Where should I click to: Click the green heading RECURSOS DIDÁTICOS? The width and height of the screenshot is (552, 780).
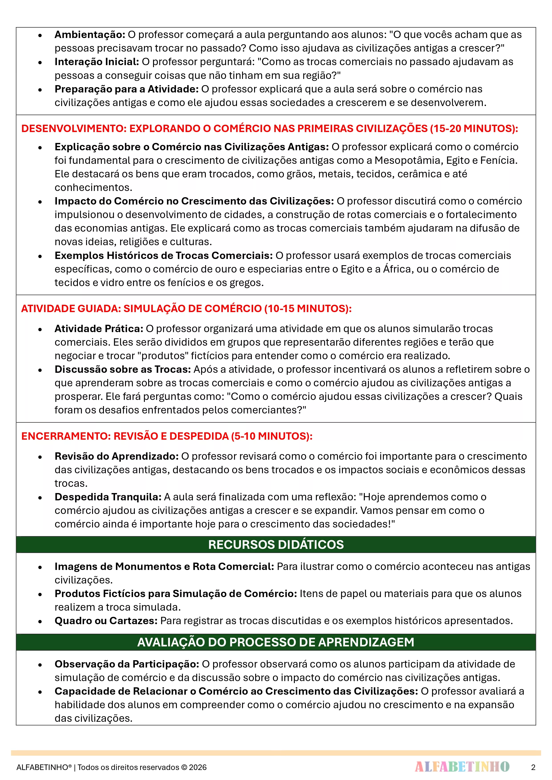pyautogui.click(x=276, y=545)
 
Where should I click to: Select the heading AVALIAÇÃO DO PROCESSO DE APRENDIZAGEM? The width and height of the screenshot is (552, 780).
pyautogui.click(x=276, y=642)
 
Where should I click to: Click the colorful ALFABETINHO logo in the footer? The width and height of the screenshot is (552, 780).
pyautogui.click(x=462, y=767)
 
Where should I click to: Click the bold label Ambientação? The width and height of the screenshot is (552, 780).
pyautogui.click(x=90, y=35)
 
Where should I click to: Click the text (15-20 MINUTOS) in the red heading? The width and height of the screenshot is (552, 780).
pyautogui.click(x=474, y=129)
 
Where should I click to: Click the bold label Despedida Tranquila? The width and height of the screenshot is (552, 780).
pyautogui.click(x=108, y=497)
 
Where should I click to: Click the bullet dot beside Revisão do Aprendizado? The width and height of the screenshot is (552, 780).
pyautogui.click(x=40, y=457)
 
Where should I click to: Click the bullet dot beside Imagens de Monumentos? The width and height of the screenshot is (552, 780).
pyautogui.click(x=40, y=567)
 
